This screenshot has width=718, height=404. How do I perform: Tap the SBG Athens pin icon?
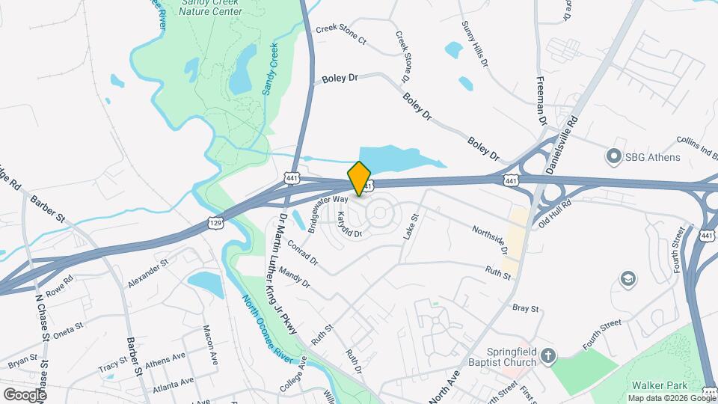click(614, 157)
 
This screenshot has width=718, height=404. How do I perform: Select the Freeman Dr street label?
click(541, 100)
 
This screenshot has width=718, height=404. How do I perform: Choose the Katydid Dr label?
click(349, 224)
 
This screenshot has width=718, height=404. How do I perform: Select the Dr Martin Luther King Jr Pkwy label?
click(287, 273)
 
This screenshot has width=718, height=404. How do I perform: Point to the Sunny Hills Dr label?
click(475, 45)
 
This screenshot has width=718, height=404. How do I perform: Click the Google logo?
click(25, 394)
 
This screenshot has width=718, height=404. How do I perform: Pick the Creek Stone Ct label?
click(341, 34)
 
